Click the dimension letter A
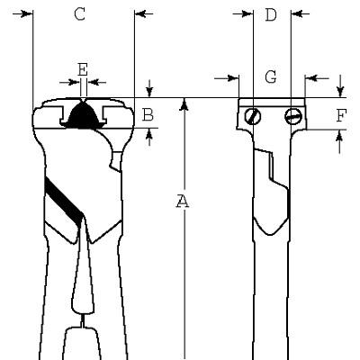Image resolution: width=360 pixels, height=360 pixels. pos(182,201)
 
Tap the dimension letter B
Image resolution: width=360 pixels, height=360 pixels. pos(148,114)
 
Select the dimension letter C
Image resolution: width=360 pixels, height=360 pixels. pos(80,13)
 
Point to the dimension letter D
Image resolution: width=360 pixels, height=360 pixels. pos(271,14)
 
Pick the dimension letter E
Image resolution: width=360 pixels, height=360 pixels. pos(83,69)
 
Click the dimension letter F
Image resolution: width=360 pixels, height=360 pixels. pos(341,116)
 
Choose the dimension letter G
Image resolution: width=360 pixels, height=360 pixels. pos(271,76)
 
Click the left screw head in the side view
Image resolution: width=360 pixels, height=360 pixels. pos(253,116)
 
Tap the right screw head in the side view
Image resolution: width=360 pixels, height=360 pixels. pos(293,116)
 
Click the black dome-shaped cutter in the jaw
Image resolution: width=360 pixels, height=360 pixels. pos(83,115)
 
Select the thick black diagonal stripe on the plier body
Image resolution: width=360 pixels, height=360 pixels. pos(64,202)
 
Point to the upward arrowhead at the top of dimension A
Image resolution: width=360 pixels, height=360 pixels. pos(185,104)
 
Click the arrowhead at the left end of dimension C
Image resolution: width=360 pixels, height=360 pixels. pos(27,13)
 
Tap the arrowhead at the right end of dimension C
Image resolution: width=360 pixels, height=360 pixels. pos(140,13)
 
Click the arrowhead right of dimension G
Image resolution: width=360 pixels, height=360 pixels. pos(311,78)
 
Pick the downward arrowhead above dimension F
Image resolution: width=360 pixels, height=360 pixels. pos(340,91)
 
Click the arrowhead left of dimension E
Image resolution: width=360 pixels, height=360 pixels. pos(75,82)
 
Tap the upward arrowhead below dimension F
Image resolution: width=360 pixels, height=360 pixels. pos(339,137)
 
